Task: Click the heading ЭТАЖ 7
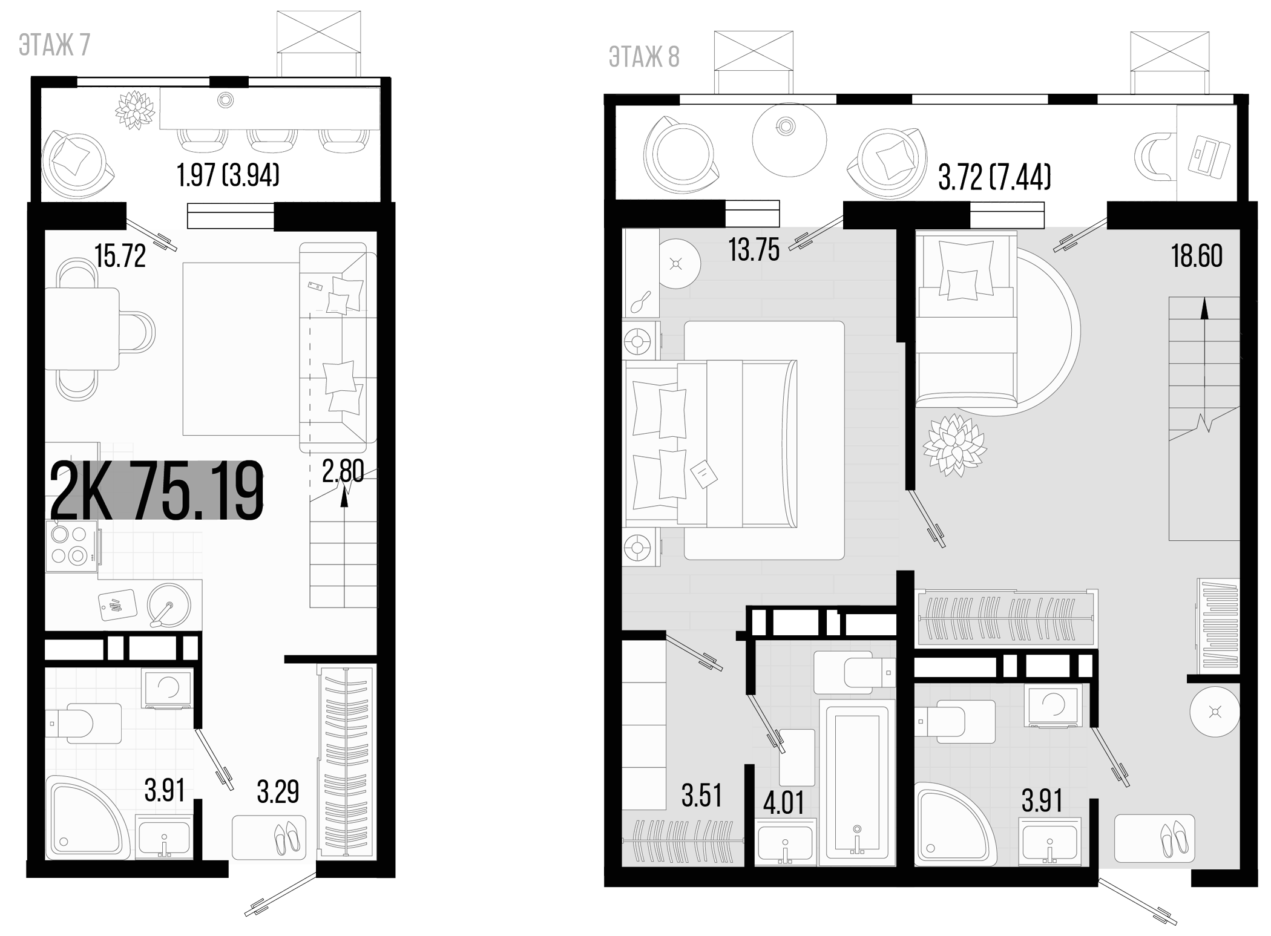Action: tap(54, 46)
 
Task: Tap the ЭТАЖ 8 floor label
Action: tap(644, 57)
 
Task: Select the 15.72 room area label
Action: tap(120, 257)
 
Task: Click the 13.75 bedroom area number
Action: tap(754, 250)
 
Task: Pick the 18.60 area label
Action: tap(1197, 257)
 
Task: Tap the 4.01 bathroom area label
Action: tap(783, 803)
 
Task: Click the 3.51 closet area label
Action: tap(701, 796)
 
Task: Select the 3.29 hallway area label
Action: tap(278, 792)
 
